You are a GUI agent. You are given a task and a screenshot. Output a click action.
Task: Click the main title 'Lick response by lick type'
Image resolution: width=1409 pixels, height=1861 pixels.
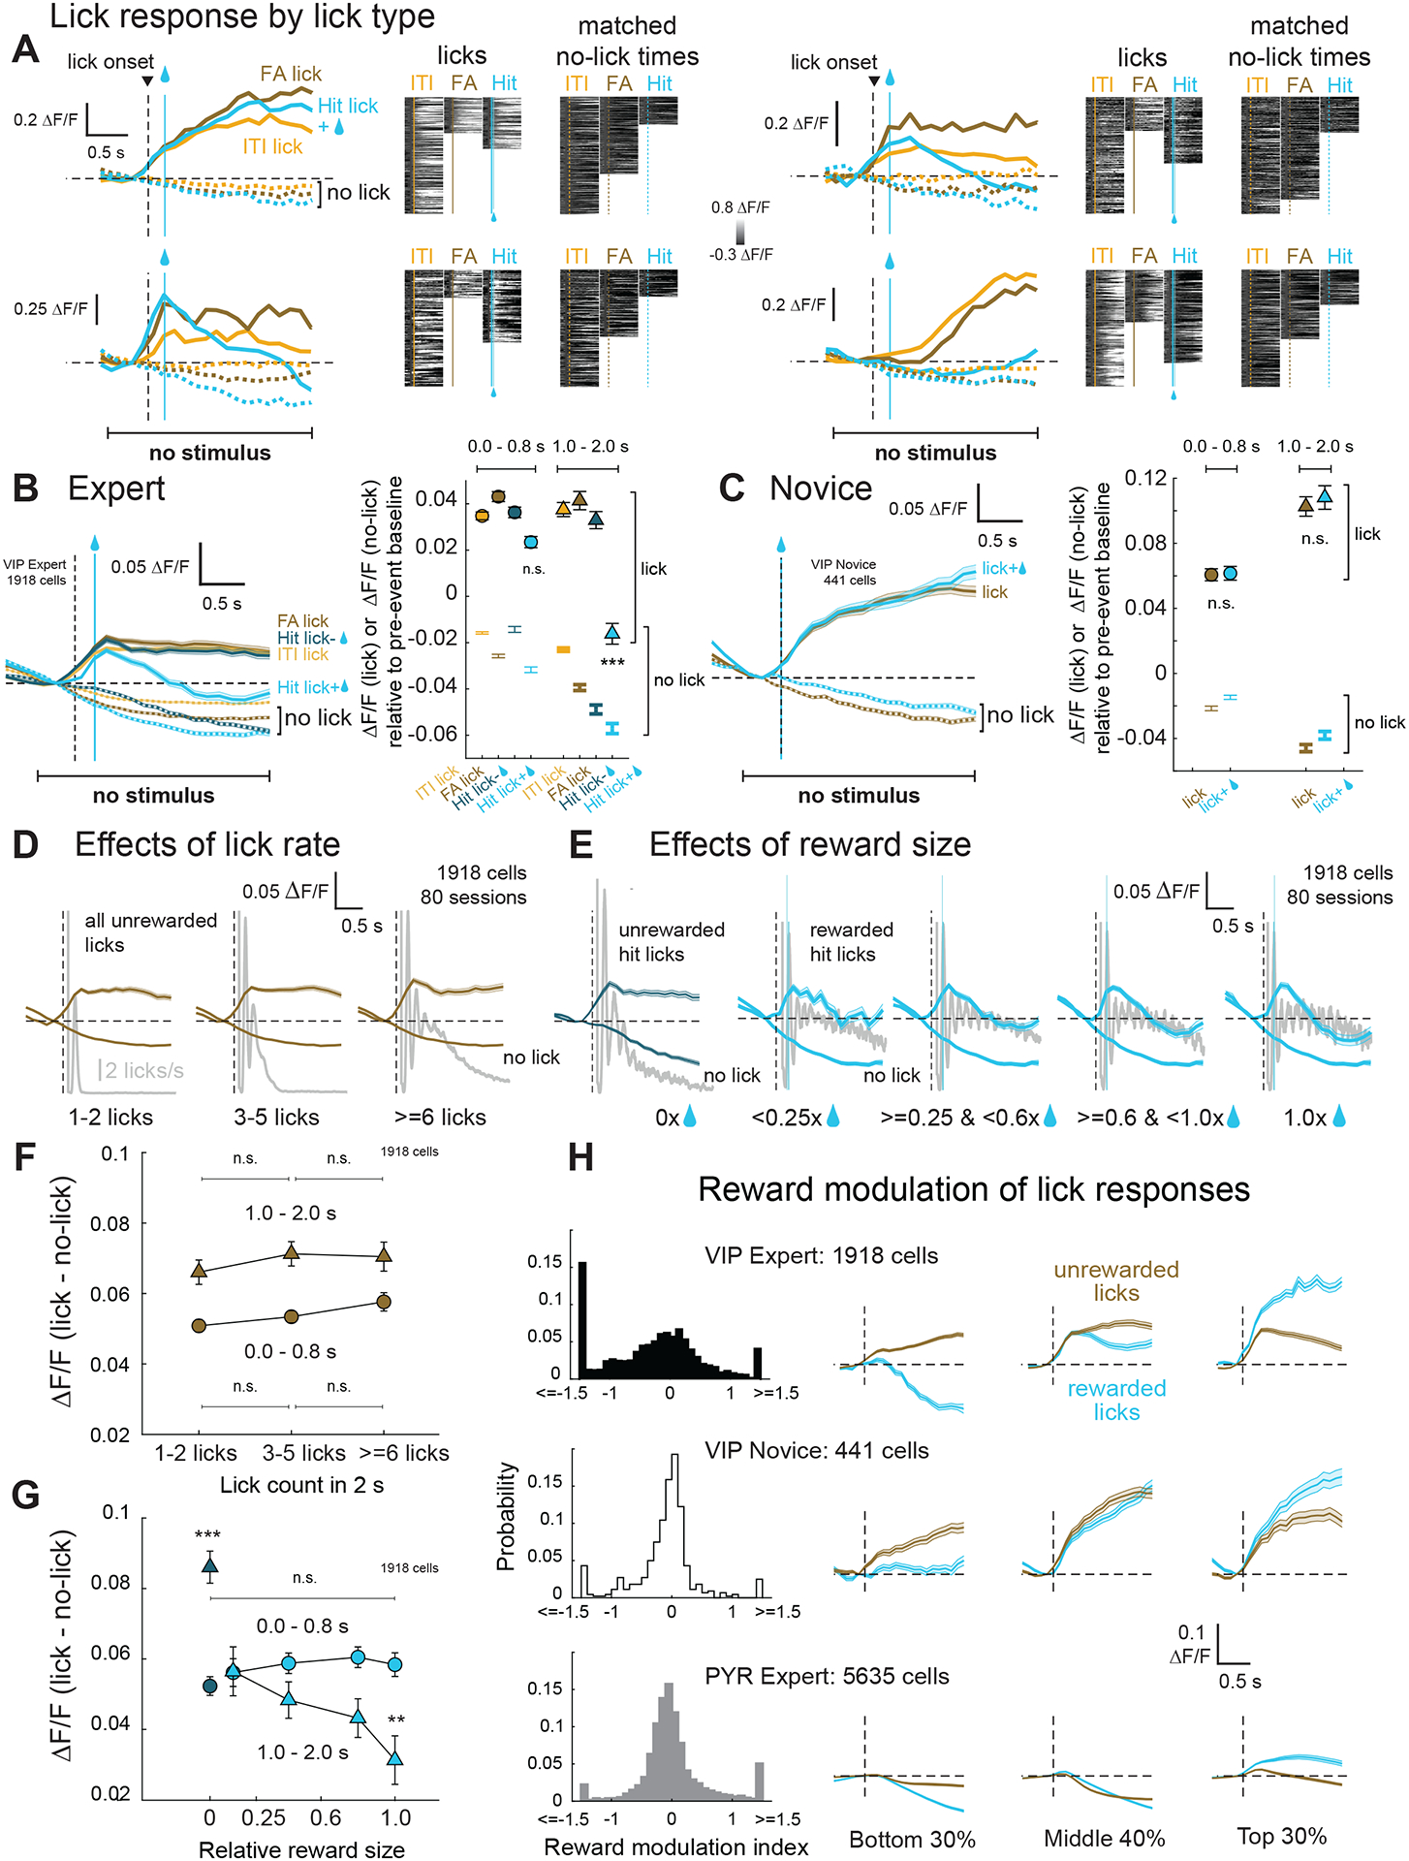242,17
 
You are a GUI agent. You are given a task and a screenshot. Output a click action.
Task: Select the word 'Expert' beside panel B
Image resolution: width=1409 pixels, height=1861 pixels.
116,489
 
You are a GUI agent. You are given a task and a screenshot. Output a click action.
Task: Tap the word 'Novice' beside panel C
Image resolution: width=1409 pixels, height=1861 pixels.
821,489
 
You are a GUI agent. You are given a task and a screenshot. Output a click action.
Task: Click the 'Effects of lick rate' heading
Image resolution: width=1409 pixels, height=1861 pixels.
207,844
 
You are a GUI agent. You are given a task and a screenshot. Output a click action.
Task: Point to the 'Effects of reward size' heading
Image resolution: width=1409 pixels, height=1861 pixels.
810,844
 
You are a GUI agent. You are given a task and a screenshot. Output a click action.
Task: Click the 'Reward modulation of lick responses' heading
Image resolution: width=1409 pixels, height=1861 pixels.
973,1189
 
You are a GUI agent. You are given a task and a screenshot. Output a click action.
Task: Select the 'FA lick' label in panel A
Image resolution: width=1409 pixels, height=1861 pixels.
291,74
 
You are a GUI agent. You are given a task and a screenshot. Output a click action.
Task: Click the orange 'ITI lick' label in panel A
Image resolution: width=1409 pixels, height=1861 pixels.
272,146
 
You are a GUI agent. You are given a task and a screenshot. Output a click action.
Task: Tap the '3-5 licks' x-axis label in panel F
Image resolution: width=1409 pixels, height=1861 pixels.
303,1453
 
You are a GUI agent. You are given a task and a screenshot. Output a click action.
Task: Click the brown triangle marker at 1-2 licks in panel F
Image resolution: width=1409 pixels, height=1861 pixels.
199,1271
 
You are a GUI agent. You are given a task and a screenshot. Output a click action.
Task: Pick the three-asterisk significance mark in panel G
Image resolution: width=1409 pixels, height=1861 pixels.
207,1535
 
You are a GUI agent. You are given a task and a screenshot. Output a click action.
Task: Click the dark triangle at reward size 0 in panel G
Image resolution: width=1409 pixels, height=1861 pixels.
209,1564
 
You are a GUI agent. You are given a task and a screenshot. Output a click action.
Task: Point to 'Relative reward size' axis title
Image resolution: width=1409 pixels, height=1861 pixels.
301,1849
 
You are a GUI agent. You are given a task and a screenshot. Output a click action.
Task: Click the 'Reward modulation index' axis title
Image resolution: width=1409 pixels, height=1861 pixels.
676,1846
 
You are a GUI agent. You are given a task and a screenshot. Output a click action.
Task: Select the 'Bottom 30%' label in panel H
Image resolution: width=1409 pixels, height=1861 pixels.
912,1839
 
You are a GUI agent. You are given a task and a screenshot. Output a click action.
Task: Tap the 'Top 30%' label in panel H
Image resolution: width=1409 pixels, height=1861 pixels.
1281,1836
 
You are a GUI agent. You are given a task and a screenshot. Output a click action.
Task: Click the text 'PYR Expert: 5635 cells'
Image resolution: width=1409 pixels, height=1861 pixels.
827,1676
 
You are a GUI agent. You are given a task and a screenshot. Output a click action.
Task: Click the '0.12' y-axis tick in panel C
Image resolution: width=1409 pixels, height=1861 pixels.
1144,478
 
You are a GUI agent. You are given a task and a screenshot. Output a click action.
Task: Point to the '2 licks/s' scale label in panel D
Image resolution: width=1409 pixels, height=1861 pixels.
144,1070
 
